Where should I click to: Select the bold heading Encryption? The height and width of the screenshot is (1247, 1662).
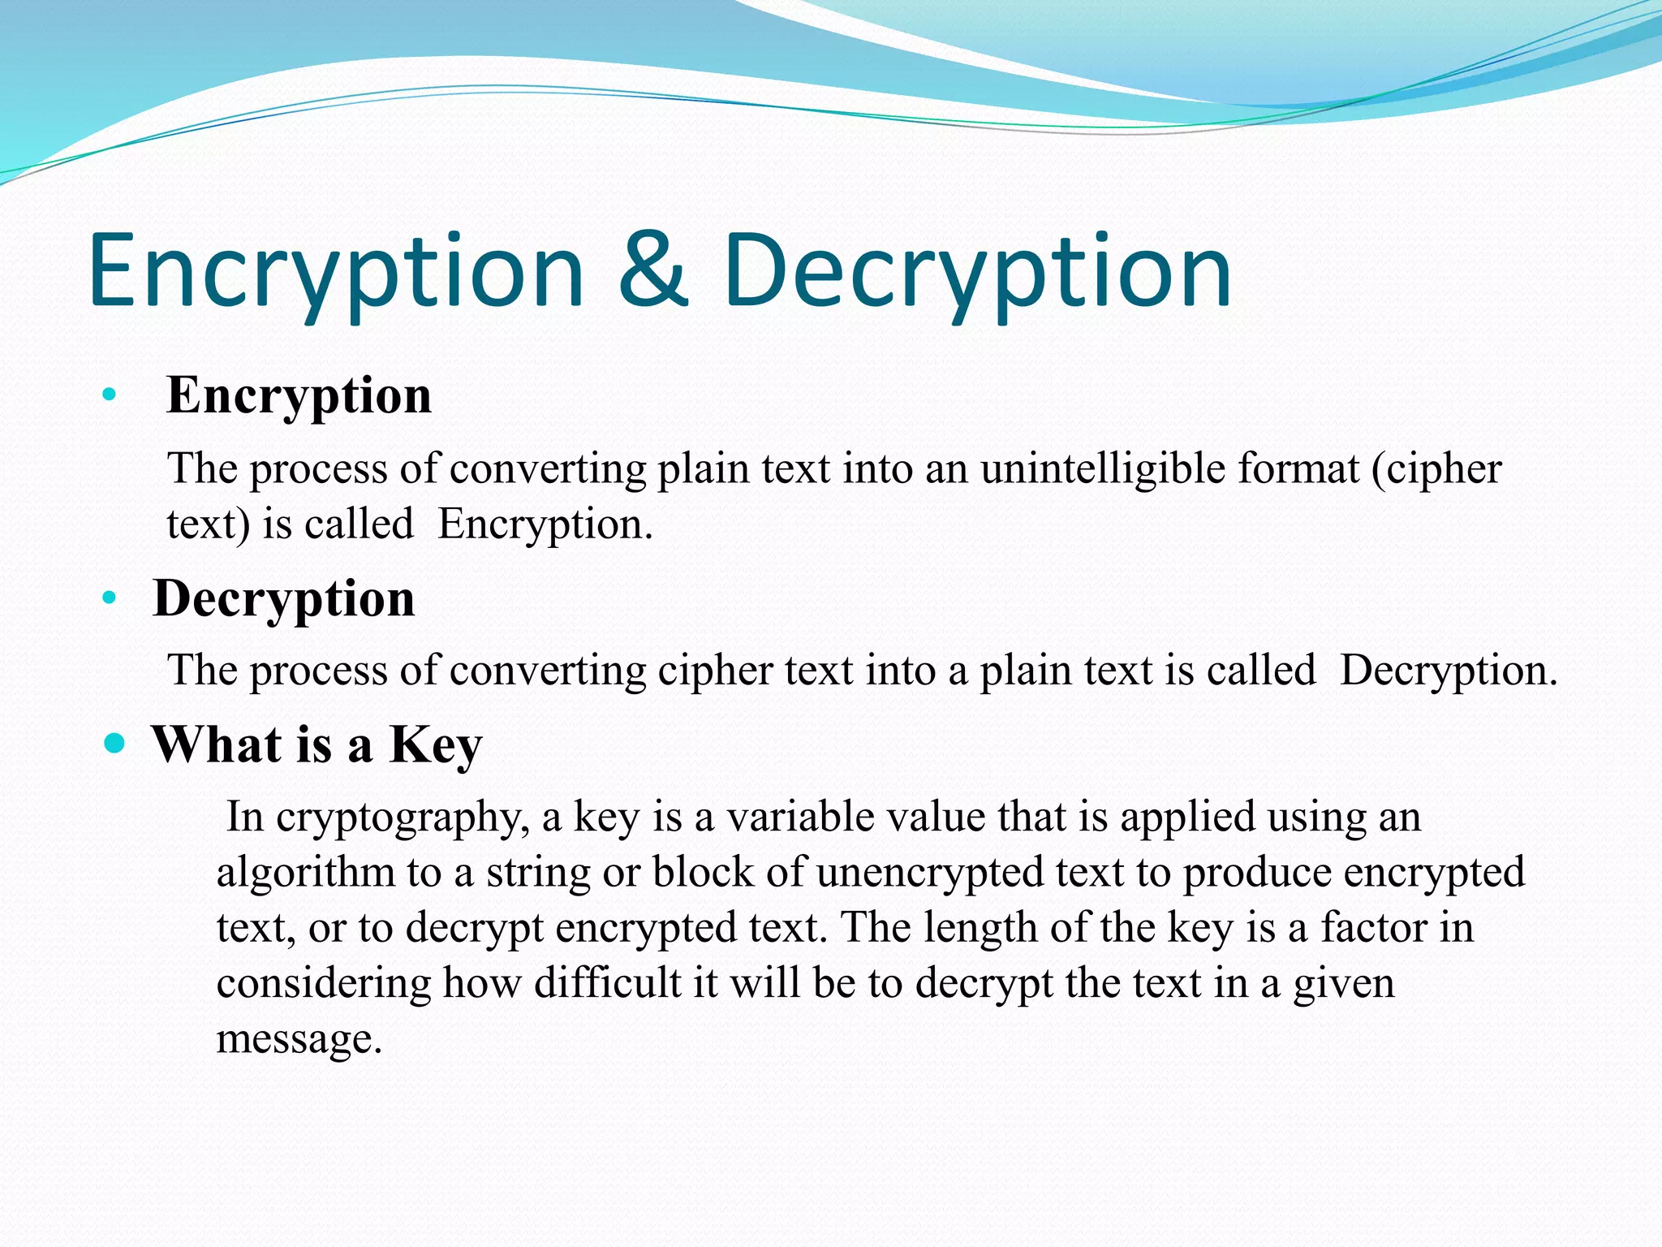[x=299, y=396]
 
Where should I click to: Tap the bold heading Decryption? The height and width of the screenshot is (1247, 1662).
[x=284, y=599]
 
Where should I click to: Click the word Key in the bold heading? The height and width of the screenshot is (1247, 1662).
[x=436, y=744]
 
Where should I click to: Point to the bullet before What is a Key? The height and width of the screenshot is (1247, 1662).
[x=115, y=743]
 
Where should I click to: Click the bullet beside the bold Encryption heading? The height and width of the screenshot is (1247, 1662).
[x=110, y=396]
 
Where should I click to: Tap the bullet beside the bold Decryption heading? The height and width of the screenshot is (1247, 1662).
[x=110, y=599]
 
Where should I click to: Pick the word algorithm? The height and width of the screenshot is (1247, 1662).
[x=305, y=873]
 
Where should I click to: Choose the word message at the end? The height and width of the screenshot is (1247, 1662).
[x=299, y=1039]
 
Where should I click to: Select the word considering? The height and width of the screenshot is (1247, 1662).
[x=324, y=983]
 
